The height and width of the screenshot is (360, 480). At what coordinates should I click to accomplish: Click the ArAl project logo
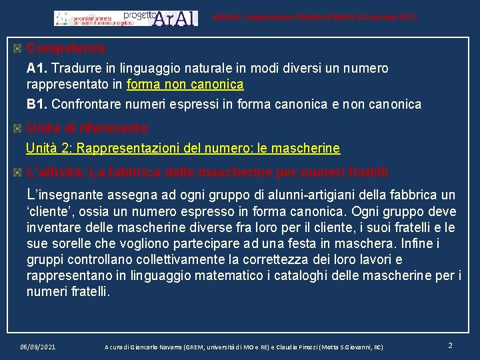click(x=127, y=18)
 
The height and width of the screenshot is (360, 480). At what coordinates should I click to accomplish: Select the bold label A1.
click(x=37, y=69)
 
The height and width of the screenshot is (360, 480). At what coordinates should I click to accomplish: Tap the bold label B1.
click(x=37, y=105)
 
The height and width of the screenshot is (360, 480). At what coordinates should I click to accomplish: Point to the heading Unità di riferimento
click(x=87, y=128)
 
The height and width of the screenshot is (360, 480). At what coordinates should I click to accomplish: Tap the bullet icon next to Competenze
click(x=18, y=49)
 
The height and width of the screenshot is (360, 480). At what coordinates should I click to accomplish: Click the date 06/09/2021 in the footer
click(x=38, y=347)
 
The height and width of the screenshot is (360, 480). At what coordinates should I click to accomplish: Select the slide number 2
click(x=451, y=345)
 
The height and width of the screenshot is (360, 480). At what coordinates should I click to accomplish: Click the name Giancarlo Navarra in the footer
click(x=148, y=347)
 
